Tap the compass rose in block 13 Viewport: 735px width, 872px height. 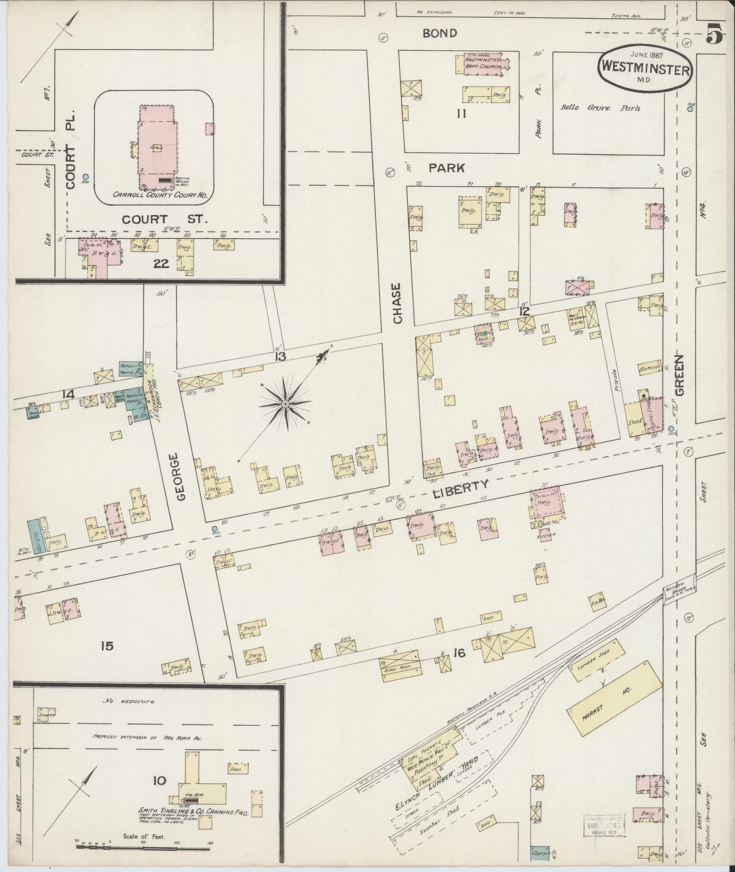click(x=285, y=404)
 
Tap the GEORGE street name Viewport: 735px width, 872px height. click(x=181, y=477)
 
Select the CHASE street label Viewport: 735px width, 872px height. click(x=397, y=303)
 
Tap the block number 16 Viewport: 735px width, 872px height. click(x=459, y=654)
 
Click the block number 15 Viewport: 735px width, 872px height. click(x=107, y=646)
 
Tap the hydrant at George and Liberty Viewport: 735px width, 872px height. click(x=215, y=529)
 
